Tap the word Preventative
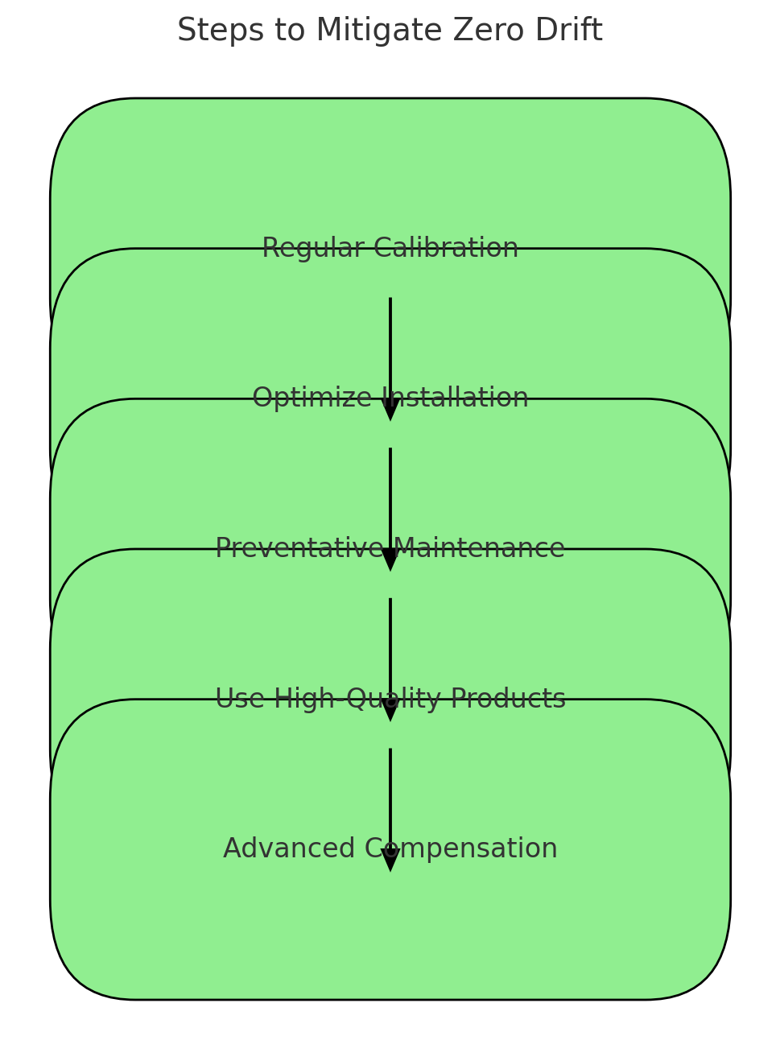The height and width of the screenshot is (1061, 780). (x=300, y=548)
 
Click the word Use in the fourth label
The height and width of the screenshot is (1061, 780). (x=238, y=699)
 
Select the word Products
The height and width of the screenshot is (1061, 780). (x=508, y=699)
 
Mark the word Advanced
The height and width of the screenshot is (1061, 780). (x=289, y=848)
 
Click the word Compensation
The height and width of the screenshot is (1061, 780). (x=461, y=848)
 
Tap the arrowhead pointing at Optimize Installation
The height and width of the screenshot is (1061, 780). (x=390, y=410)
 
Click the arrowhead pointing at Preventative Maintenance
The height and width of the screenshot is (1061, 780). (x=390, y=559)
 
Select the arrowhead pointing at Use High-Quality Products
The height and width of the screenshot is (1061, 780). (x=390, y=710)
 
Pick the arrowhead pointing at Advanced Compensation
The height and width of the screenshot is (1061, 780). (x=390, y=860)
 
